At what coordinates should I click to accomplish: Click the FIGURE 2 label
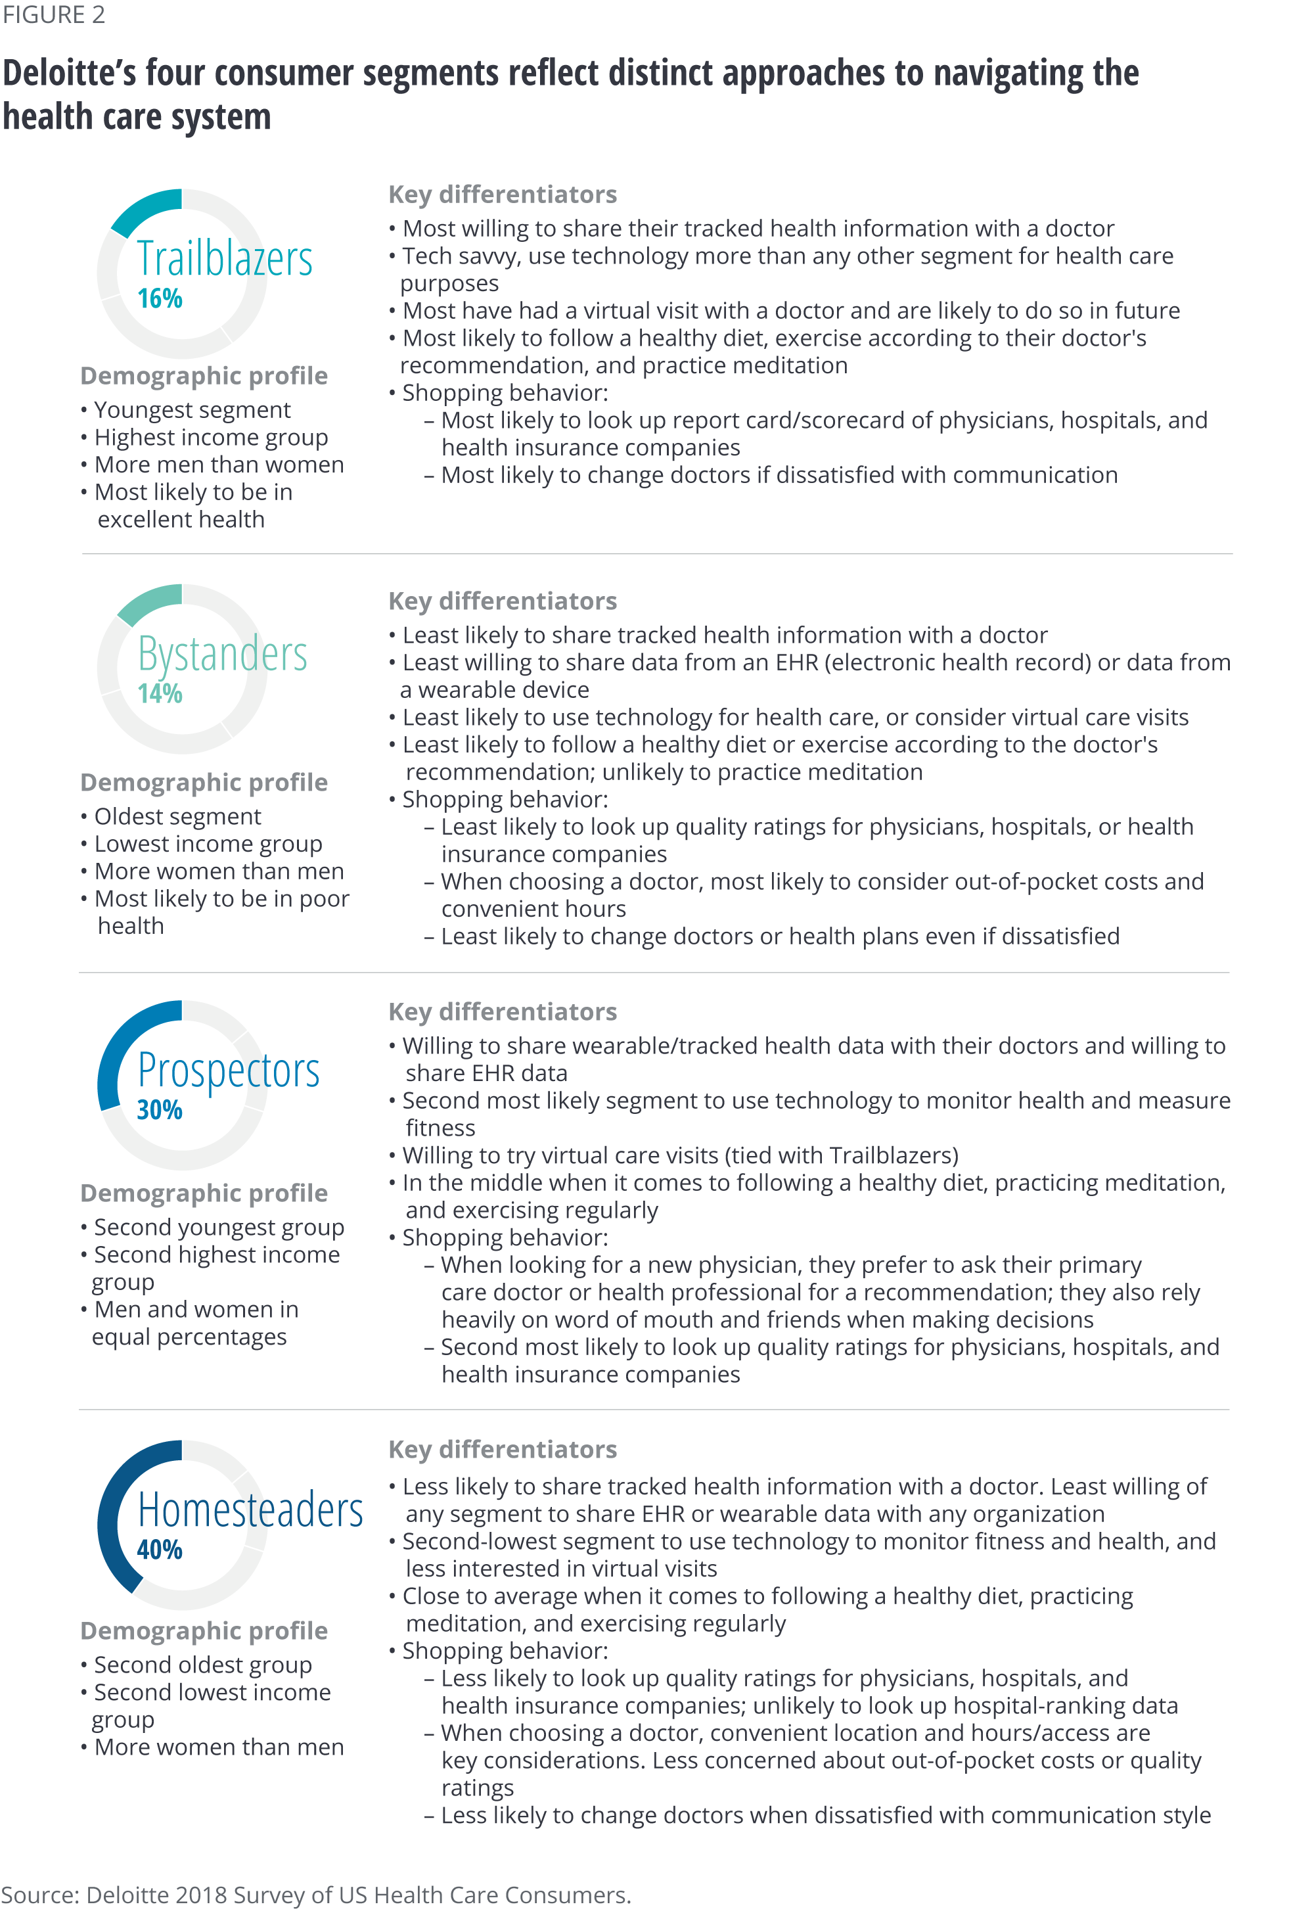[x=54, y=15]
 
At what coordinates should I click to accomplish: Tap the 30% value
[x=159, y=1110]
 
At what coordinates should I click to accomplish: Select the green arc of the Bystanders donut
[x=148, y=601]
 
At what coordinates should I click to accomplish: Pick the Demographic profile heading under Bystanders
[x=204, y=782]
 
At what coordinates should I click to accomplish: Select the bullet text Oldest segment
[x=177, y=817]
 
